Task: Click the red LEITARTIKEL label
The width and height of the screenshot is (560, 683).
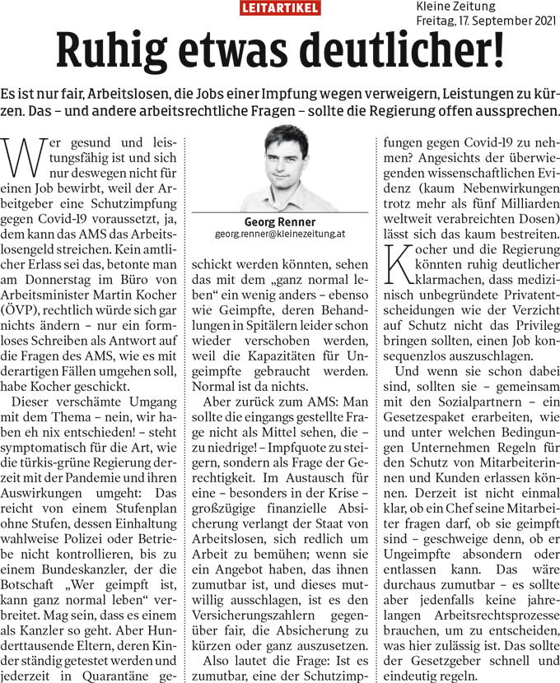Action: point(280,8)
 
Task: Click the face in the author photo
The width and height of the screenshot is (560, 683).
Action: point(281,165)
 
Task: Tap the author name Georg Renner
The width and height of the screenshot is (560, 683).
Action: point(280,222)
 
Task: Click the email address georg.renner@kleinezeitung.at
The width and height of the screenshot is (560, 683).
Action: point(280,235)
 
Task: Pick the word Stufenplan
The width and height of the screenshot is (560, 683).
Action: point(146,494)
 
